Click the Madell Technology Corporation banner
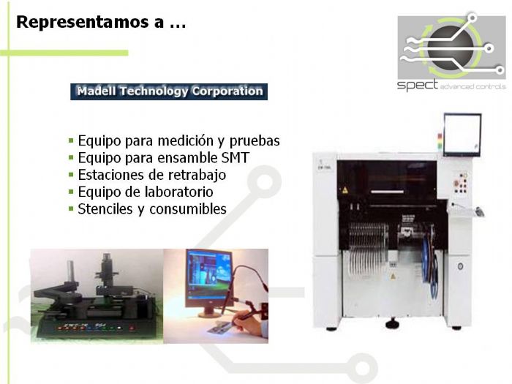169,91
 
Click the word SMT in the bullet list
235,157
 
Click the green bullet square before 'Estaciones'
71,175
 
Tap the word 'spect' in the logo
417,85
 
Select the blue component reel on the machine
432,267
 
